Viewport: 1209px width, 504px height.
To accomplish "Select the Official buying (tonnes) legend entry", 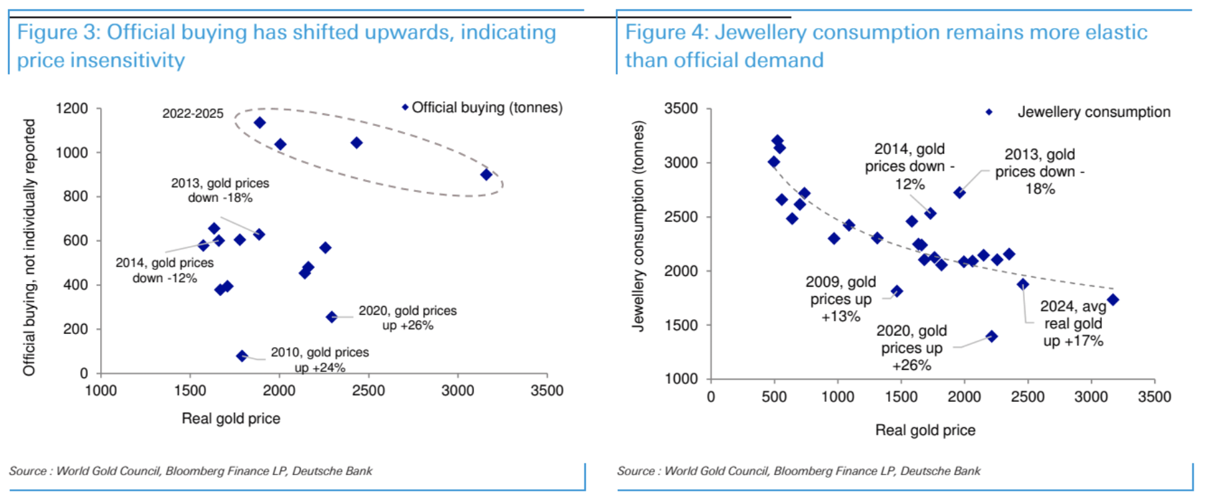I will pos(486,107).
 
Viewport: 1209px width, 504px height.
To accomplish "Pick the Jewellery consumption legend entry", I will pos(1093,112).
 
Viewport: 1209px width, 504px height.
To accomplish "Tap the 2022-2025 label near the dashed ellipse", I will pos(193,113).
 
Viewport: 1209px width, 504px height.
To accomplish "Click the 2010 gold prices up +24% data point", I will pos(242,356).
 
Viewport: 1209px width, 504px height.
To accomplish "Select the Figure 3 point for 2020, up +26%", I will pos(332,317).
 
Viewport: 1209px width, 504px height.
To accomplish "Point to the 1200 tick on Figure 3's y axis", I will pos(71,109).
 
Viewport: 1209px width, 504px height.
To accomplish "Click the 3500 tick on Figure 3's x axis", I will pos(546,391).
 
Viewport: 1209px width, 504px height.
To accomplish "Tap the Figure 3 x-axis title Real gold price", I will pos(231,419).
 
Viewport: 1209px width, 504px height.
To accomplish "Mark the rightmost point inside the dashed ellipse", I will pos(486,175).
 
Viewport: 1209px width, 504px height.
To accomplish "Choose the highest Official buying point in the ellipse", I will pos(260,123).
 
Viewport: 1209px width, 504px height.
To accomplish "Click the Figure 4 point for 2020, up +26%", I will pos(991,337).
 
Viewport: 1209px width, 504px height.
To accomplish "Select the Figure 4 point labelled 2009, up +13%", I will pos(897,291).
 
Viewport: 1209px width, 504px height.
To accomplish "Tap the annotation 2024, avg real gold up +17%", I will pos(1073,323).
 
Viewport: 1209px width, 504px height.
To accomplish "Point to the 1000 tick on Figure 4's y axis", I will pos(681,379).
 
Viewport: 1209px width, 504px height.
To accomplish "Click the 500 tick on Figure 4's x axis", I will pos(774,397).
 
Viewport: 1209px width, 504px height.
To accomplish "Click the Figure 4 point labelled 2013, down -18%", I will pos(959,193).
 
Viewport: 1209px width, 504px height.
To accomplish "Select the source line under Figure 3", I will pos(191,471).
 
